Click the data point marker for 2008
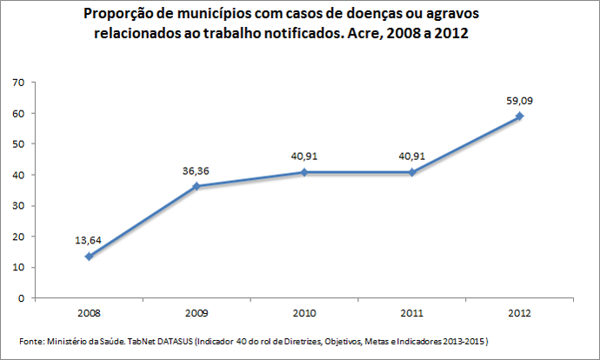pos(89,256)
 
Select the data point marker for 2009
pos(197,186)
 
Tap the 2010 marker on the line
pos(304,172)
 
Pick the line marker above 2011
pos(412,172)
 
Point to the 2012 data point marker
pos(520,117)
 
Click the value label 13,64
pos(89,240)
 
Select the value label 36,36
pos(197,170)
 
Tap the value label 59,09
pos(520,101)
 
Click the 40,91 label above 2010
pos(304,157)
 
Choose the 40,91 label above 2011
pos(412,157)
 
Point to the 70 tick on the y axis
pos(17,83)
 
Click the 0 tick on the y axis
pos(19,298)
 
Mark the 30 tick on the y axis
pos(17,206)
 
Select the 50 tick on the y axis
pos(17,144)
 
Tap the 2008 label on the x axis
pos(89,311)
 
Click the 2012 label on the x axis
pos(520,311)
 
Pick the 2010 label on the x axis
pos(304,311)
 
